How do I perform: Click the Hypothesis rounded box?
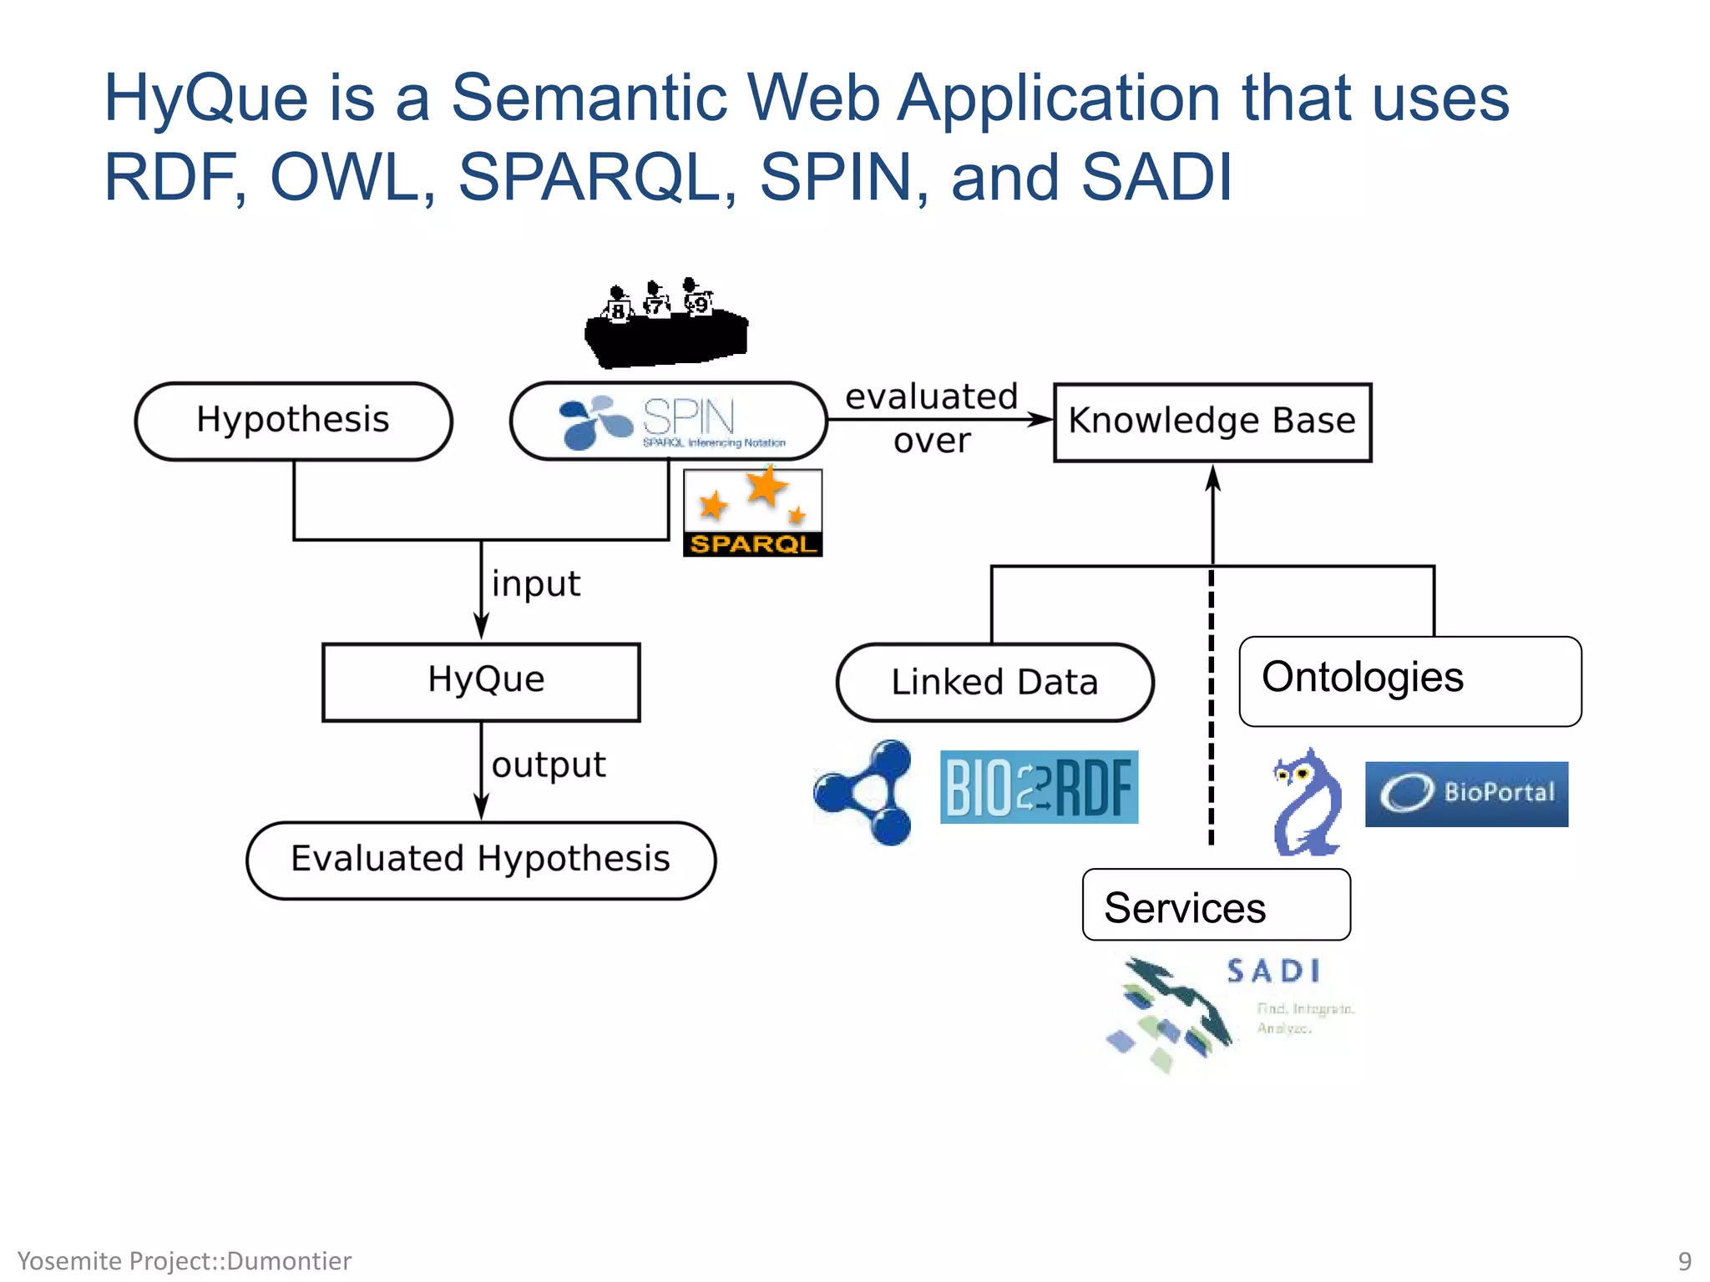tap(293, 421)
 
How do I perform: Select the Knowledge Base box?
tap(1212, 421)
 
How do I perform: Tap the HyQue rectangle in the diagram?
tap(481, 681)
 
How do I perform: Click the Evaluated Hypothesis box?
tap(481, 860)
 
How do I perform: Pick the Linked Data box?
tap(994, 682)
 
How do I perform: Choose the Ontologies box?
tap(1409, 681)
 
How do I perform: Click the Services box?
tap(1216, 906)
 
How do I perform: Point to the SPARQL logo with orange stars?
tap(752, 512)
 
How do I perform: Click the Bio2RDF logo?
tap(1039, 787)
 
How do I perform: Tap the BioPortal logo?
tap(1466, 793)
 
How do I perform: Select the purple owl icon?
tap(1307, 802)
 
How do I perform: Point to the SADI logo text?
tap(1272, 971)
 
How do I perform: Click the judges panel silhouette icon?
tap(665, 324)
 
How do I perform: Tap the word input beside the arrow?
tap(535, 583)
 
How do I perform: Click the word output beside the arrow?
tap(549, 765)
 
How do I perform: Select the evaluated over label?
tap(932, 418)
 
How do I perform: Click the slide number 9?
tap(1684, 1260)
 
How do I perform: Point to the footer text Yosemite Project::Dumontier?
tap(185, 1260)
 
